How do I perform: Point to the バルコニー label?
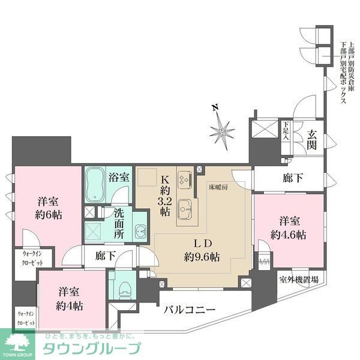click(x=190, y=311)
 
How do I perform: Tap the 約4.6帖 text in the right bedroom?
click(x=288, y=235)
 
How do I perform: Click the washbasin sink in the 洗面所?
click(x=140, y=230)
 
